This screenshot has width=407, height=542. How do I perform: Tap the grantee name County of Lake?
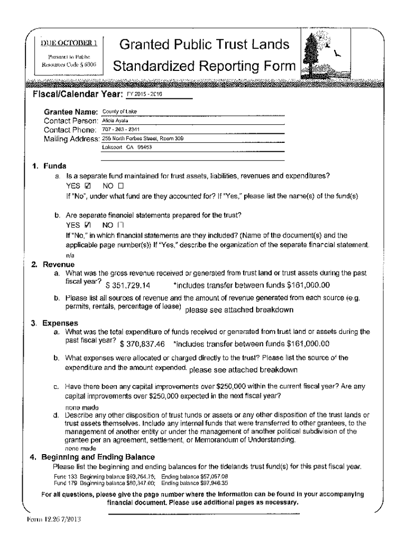119,112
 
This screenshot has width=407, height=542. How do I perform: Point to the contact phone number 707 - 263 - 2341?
119,130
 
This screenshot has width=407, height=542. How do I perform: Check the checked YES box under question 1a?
88,186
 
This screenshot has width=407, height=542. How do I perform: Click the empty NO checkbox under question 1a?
120,186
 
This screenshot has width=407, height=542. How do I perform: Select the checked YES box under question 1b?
88,224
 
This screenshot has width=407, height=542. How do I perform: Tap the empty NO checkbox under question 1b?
120,224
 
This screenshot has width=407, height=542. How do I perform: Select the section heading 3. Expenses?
53,322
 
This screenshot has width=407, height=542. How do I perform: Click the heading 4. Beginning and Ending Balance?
92,456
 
